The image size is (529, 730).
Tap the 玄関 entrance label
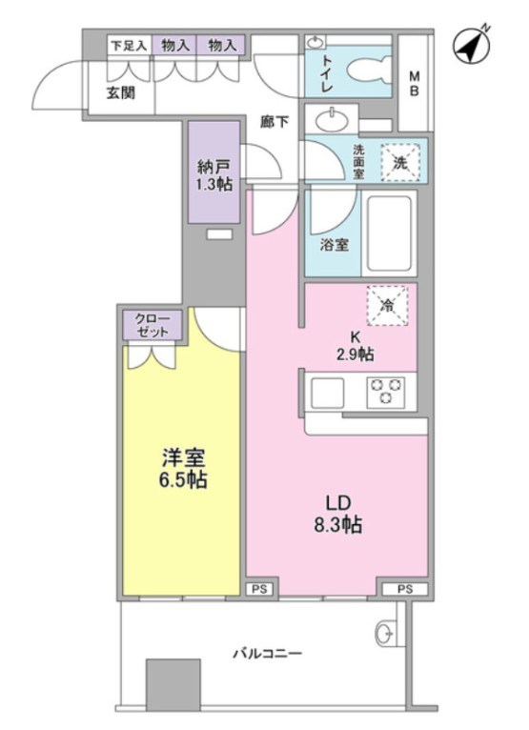pos(120,92)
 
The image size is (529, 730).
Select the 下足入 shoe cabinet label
pos(126,45)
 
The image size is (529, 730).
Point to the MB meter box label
pos(415,84)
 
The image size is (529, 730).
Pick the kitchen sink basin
pos(329,392)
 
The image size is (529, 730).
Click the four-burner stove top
pos(386,392)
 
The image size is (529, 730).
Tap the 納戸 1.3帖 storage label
pos(214,175)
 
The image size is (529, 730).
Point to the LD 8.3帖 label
pos(337,512)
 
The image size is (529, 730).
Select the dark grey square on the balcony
pos(173,683)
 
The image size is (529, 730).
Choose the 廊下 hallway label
pos(275,121)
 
